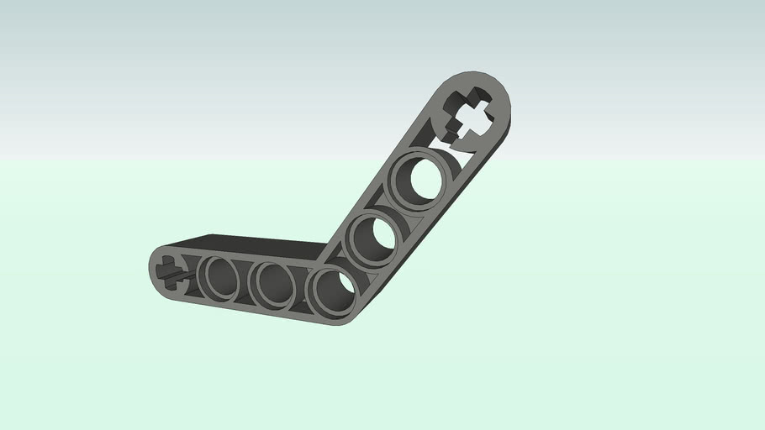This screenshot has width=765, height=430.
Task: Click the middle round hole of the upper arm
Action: [x=372, y=236]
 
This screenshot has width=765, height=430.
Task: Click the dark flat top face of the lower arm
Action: [x=252, y=244]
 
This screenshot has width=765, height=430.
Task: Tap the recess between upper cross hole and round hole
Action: [x=450, y=145]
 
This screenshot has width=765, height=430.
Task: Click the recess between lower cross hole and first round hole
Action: [x=194, y=274]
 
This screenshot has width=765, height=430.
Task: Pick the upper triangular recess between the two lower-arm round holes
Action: [x=246, y=265]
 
